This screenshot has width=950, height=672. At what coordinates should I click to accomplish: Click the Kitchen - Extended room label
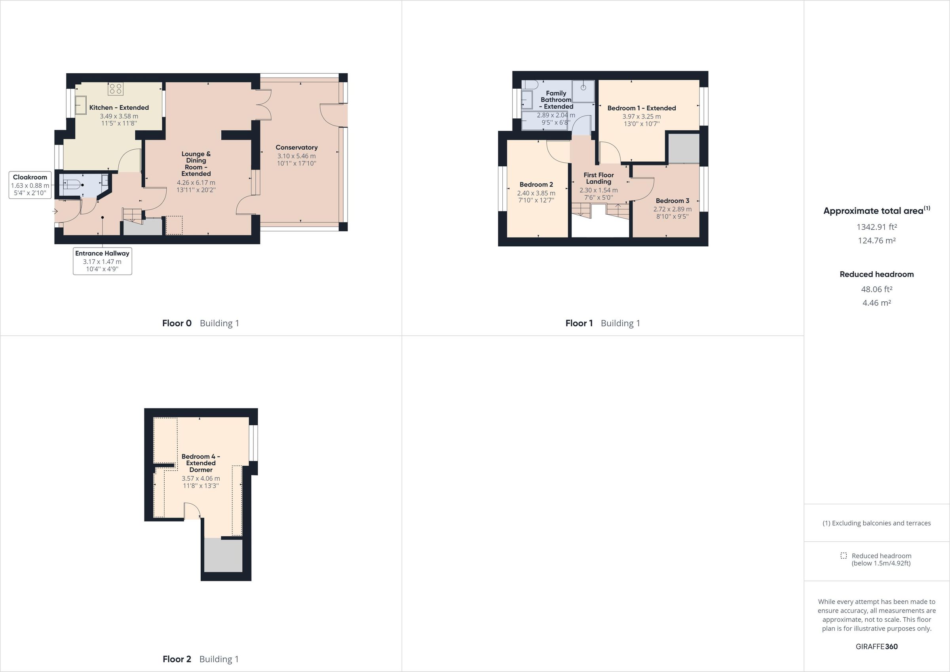click(119, 108)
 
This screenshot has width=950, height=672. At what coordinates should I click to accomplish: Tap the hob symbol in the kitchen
click(116, 88)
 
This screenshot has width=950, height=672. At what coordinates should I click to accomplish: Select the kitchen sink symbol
click(81, 105)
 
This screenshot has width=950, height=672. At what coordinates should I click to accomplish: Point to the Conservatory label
click(296, 147)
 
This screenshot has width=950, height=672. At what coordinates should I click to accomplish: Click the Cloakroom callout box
click(30, 185)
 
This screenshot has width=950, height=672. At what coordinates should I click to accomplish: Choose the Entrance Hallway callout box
click(102, 261)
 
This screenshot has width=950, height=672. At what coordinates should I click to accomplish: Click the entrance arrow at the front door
click(55, 211)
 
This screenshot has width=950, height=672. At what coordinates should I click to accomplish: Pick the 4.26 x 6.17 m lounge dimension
click(196, 183)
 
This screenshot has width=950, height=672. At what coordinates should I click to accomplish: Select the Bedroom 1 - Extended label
click(641, 108)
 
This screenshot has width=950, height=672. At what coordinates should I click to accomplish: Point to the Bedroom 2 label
click(536, 185)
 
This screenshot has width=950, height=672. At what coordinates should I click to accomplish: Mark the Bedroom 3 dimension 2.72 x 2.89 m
click(673, 209)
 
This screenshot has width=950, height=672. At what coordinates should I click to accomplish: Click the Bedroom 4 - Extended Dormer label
click(201, 463)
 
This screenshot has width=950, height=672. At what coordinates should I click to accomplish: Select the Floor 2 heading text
click(177, 659)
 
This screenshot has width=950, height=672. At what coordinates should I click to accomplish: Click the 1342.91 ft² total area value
click(876, 227)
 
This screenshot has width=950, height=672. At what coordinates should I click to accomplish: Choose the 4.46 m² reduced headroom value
click(876, 303)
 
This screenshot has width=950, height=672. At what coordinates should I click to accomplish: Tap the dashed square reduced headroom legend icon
click(844, 556)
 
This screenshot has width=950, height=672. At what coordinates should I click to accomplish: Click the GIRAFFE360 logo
click(876, 646)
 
